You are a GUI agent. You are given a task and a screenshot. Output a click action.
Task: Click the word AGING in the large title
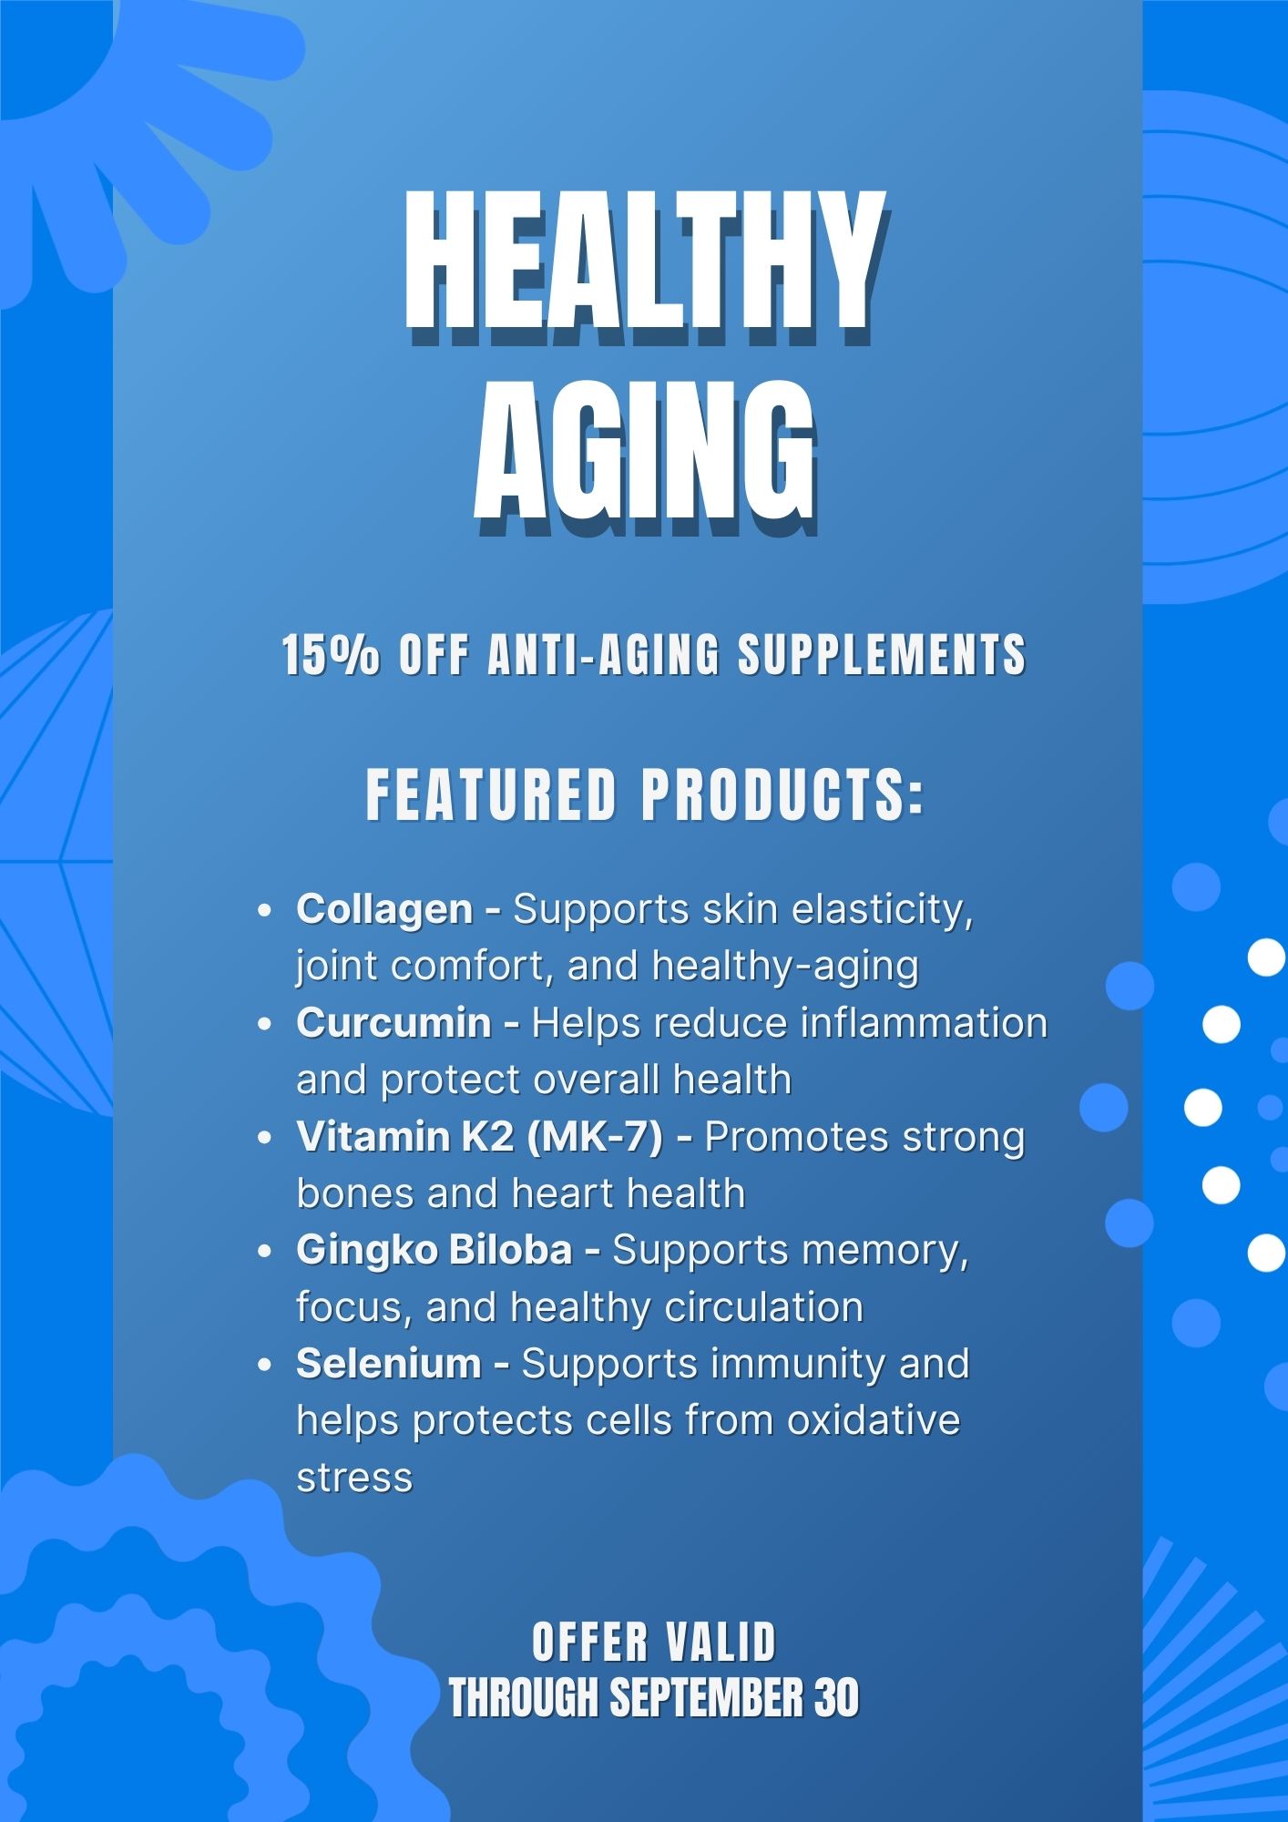tap(645, 456)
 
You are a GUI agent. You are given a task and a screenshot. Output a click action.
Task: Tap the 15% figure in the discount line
tap(330, 655)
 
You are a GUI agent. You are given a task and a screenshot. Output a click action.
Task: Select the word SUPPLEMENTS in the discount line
tap(882, 655)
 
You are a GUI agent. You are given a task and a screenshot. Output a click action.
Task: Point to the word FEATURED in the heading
tap(492, 795)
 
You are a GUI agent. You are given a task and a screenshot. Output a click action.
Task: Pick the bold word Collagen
tap(384, 910)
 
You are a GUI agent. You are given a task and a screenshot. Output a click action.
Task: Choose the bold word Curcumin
tap(394, 1023)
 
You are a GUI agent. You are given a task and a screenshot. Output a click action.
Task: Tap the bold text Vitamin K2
tap(404, 1137)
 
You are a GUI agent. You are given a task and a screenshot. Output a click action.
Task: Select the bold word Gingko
tap(366, 1251)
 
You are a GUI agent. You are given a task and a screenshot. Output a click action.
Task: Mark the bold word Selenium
tap(389, 1364)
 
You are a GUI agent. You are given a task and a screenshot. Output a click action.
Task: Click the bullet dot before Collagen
tap(265, 911)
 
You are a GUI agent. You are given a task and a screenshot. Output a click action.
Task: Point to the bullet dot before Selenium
tap(265, 1365)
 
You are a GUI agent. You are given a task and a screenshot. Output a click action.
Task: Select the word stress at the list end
tap(355, 1478)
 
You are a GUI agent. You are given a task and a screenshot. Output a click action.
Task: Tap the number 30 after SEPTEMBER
tap(837, 1698)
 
